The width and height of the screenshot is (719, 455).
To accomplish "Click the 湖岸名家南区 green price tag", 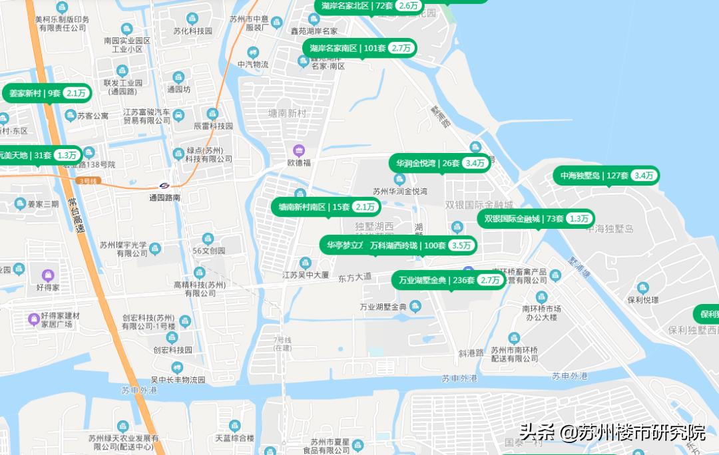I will click(361, 48).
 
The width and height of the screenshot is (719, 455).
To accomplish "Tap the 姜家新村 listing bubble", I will click(48, 94).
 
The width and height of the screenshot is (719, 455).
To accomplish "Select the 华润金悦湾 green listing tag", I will click(440, 163).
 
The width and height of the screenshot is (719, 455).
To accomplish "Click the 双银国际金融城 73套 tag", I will click(536, 219).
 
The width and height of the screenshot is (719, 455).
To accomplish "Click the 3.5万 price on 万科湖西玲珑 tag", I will click(461, 245).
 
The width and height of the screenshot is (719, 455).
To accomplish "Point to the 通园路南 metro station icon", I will click(164, 186).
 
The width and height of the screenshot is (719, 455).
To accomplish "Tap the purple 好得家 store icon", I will click(47, 275).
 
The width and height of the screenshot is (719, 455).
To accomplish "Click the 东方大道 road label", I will click(355, 277).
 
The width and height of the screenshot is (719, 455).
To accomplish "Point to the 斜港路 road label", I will click(471, 353).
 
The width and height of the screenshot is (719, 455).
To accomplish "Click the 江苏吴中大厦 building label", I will click(306, 275).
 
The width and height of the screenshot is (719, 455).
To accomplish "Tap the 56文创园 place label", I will click(208, 251).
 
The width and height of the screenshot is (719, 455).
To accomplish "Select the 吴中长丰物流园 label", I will click(177, 380).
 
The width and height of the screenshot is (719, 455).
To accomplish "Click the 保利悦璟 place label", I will click(642, 300).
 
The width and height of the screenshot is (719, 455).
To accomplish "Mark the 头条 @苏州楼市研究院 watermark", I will click(612, 432).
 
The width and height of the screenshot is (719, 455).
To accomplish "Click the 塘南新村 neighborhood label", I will click(286, 114).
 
